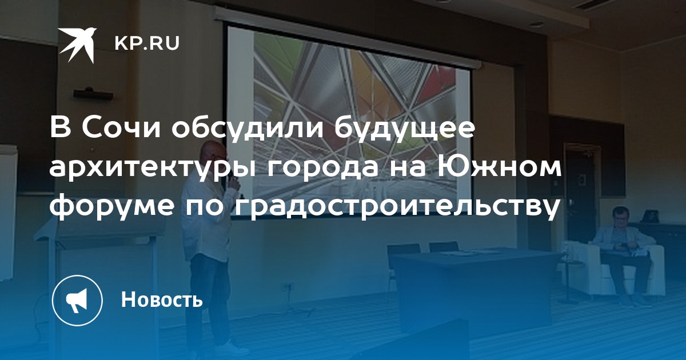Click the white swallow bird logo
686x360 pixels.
[77, 45]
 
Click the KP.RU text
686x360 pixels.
[147, 43]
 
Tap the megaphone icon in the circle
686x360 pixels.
[77, 300]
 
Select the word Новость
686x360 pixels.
[162, 299]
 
